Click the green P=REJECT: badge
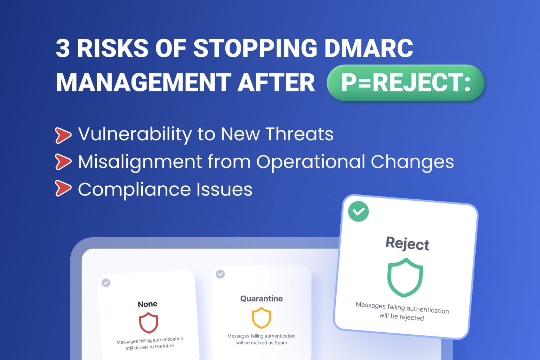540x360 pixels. coord(405,83)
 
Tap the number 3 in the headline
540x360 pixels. coord(63,48)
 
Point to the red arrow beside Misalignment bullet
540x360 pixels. coord(63,162)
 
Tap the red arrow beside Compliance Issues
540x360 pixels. coord(63,189)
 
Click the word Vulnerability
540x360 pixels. coord(135,134)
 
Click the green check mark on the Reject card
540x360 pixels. coord(358,211)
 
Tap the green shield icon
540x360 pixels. coord(405,277)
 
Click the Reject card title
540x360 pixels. coord(407,244)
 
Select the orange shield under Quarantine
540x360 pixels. coord(261,317)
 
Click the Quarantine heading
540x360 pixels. coord(261,298)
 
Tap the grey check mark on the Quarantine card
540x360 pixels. coord(220,274)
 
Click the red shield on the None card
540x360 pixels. coord(148,323)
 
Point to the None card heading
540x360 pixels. coord(148,304)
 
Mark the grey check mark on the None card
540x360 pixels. coord(106,283)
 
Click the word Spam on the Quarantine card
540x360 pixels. coord(281,343)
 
